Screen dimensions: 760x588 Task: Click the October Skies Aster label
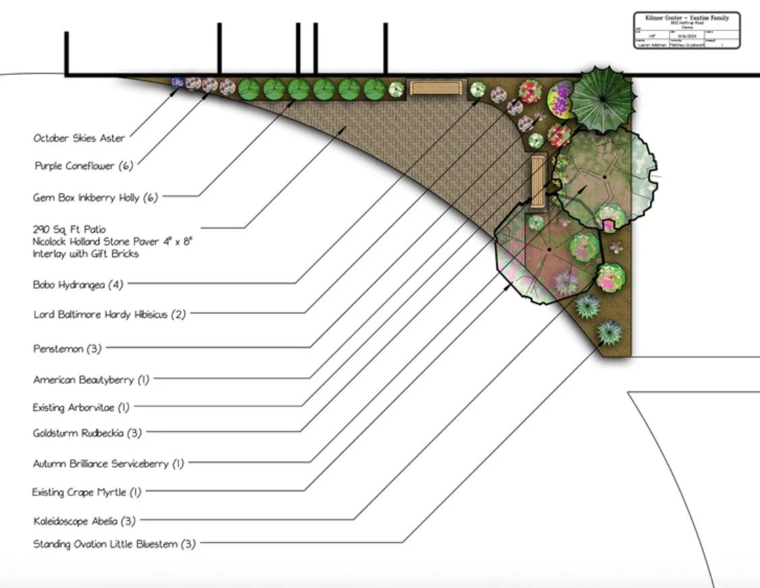coord(79,139)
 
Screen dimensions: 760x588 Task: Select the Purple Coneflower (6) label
coord(84,166)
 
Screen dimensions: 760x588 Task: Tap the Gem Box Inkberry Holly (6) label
coord(95,197)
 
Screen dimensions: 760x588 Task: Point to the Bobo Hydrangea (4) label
coord(78,285)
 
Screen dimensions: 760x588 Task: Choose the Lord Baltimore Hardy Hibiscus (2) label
coord(109,314)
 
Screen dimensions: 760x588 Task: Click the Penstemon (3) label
coord(68,349)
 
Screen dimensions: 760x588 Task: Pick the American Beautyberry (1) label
coord(91,380)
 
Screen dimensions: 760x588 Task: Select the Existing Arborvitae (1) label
coord(81,408)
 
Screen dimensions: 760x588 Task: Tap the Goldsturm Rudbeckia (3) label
coord(87,433)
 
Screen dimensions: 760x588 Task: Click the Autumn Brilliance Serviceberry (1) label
coord(108,464)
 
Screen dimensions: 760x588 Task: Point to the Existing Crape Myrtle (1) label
coord(86,492)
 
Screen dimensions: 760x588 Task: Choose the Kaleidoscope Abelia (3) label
coord(84,520)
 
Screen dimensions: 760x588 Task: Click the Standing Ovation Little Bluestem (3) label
coord(114,544)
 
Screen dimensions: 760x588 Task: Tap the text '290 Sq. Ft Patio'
coord(69,230)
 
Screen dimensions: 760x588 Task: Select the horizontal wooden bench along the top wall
coord(437,89)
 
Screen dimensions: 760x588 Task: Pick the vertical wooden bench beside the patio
coord(538,181)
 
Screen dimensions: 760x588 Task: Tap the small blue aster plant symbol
coord(178,82)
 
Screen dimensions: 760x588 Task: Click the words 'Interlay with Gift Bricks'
coord(86,254)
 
